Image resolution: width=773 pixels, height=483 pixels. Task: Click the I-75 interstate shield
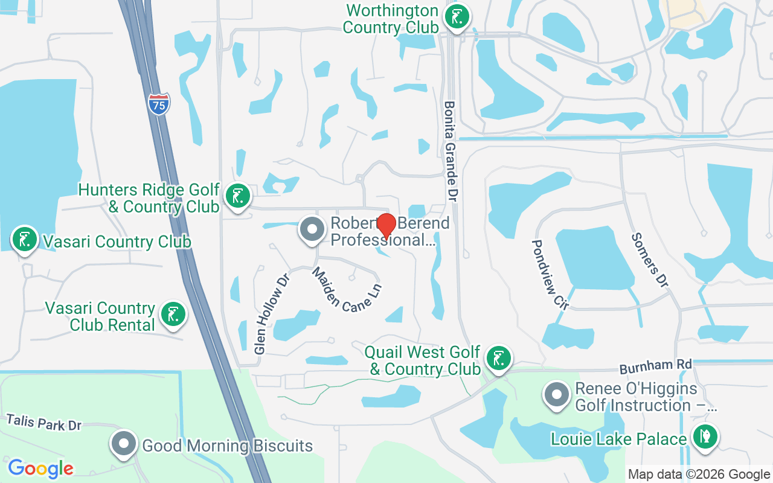coord(158,104)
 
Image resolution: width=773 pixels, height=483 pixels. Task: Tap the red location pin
coord(386,226)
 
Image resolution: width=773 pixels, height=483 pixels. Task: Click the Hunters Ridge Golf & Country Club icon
coord(237,196)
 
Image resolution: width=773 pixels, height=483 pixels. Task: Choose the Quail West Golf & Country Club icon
coord(498,358)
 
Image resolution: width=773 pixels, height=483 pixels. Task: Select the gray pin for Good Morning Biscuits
coord(124,444)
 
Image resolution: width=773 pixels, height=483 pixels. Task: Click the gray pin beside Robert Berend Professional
coord(312,229)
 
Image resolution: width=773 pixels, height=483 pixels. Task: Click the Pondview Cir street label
coord(550,274)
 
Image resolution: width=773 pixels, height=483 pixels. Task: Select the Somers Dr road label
coord(650,260)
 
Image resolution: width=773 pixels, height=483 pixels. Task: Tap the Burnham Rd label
coord(655,366)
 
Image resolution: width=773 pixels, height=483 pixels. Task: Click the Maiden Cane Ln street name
coord(347,290)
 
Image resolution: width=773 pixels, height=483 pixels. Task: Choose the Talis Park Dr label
coord(43,422)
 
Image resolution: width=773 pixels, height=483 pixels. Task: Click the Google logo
coord(40,468)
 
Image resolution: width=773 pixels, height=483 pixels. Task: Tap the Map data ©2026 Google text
coord(699,474)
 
